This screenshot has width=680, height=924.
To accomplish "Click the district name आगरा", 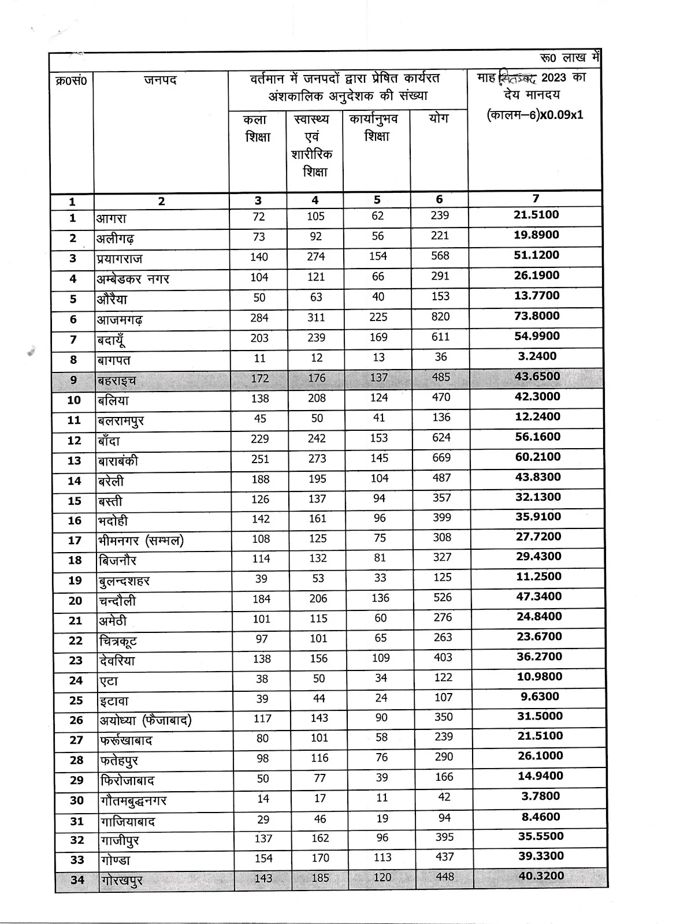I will point(112,218).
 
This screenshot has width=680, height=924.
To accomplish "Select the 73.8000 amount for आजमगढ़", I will point(537,316).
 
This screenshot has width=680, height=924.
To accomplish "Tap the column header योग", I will point(439,118).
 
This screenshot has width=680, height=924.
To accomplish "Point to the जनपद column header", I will point(161,80).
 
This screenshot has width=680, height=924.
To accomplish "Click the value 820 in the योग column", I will point(440,316).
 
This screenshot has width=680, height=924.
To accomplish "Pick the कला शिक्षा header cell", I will point(257,128).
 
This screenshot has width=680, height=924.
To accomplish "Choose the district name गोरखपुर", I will point(122,880).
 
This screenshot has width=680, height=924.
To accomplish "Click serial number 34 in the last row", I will point(77,880).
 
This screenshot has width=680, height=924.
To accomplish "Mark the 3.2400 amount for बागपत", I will point(537,356).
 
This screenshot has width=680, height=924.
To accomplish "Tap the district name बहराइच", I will point(117,381).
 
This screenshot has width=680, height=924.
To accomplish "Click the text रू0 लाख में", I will point(570,58).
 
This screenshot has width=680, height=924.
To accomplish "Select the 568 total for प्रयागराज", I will point(440,256).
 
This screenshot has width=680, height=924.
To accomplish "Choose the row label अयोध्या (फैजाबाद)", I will point(146,720).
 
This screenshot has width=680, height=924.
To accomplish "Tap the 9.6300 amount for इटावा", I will point(540,696).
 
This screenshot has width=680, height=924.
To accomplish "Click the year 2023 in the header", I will point(553,78).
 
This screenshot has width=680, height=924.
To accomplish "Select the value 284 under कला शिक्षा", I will point(259,318).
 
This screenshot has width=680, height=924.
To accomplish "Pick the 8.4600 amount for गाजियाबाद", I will point(540,817).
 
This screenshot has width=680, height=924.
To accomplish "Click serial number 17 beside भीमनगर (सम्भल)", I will point(75,541).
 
